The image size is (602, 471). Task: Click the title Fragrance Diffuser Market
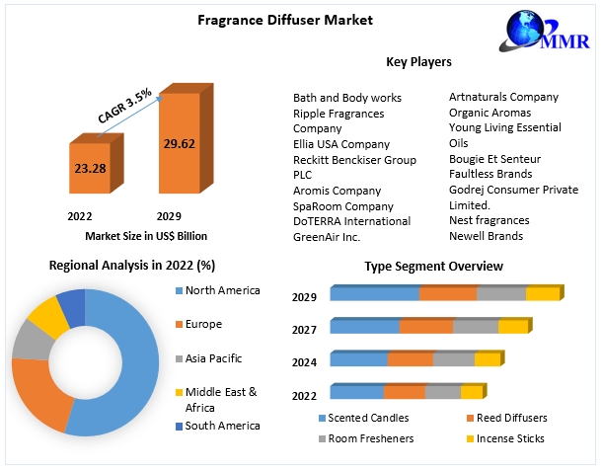(284, 21)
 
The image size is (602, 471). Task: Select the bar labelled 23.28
(89, 170)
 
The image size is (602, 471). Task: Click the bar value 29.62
(179, 143)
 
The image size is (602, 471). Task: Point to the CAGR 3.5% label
(124, 106)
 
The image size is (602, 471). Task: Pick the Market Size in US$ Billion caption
(146, 235)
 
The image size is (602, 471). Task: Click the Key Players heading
(418, 62)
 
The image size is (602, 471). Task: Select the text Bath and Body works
(346, 98)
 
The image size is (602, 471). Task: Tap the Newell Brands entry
(487, 235)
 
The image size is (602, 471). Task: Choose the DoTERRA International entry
(351, 221)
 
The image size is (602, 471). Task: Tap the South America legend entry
(222, 426)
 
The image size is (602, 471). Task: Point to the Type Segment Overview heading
(433, 267)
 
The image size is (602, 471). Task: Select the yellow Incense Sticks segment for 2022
(472, 392)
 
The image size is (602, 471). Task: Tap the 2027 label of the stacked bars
(304, 330)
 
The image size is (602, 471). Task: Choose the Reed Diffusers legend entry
(511, 418)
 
